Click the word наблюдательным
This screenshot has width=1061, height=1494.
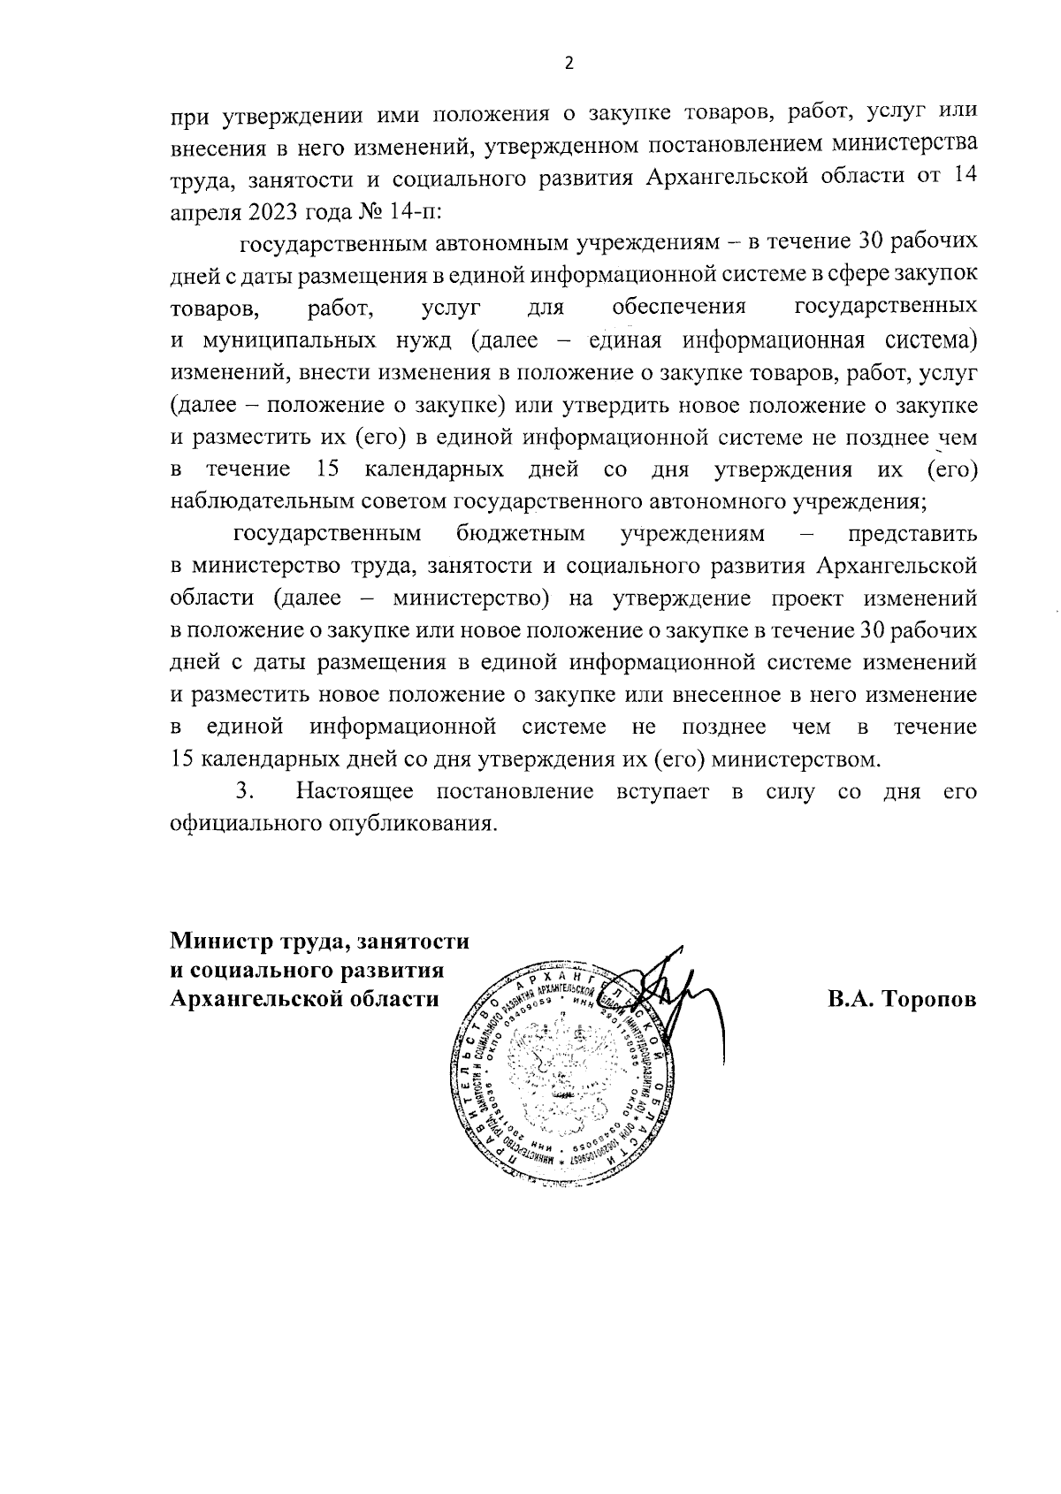263,501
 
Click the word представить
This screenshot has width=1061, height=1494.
912,534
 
